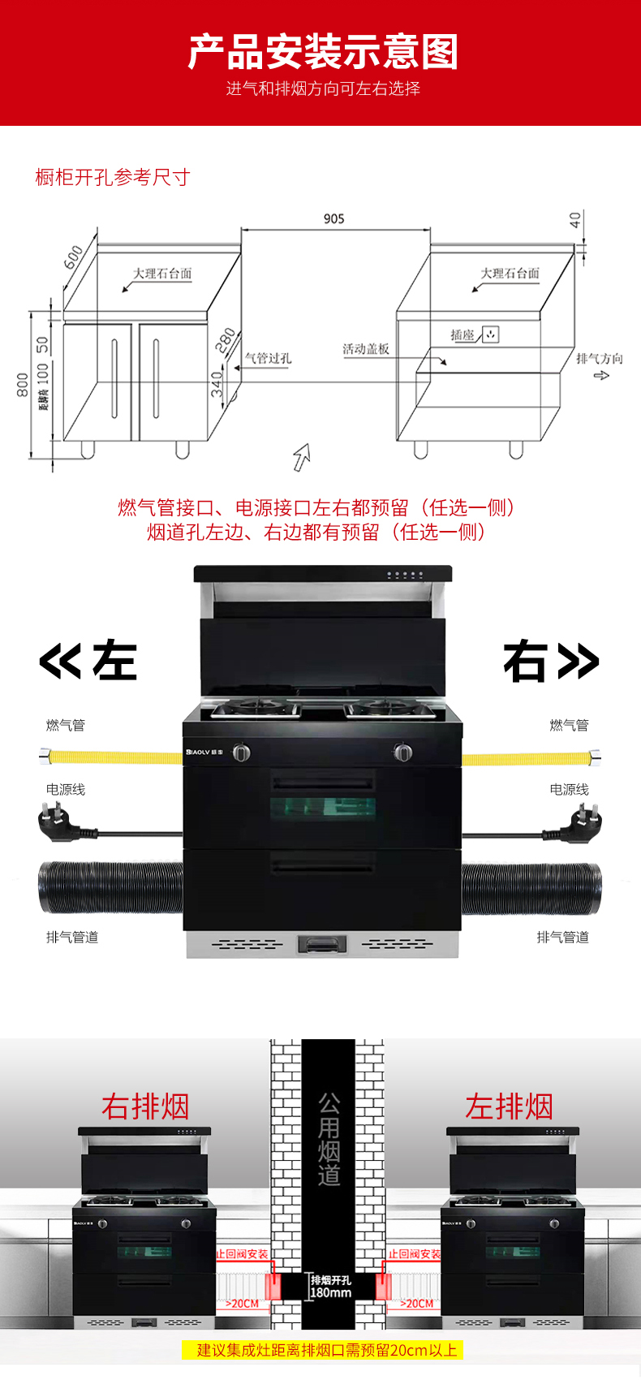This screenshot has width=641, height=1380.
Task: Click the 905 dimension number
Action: [x=333, y=219]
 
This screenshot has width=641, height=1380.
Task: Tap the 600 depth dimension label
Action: [x=73, y=257]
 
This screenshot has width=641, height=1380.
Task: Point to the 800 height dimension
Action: [x=23, y=385]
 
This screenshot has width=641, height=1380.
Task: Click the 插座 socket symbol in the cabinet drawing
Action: [x=490, y=334]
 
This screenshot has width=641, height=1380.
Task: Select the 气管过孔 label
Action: [x=268, y=358]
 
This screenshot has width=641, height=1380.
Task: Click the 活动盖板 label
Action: [x=365, y=349]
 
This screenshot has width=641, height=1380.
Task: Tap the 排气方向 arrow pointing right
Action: [x=601, y=375]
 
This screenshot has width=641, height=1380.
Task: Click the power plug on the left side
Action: [x=57, y=822]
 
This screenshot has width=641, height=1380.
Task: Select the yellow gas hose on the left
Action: [x=114, y=757]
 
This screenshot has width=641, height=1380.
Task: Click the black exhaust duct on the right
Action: [x=531, y=889]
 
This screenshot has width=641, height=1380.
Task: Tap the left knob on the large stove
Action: [x=241, y=753]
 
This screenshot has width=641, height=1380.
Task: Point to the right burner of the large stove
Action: [x=389, y=708]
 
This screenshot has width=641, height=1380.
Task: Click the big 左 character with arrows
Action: [x=88, y=660]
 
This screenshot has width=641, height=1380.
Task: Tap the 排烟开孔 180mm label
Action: [x=330, y=1286]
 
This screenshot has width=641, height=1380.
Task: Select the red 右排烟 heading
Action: [x=145, y=1106]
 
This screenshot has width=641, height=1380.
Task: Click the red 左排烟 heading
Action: [x=509, y=1106]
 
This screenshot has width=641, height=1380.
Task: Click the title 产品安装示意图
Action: [x=323, y=52]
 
